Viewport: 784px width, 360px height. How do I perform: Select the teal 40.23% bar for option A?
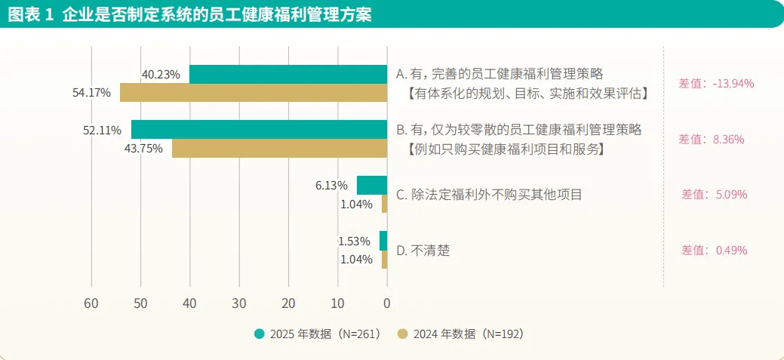click(x=287, y=74)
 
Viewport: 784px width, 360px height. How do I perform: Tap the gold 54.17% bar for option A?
click(x=254, y=93)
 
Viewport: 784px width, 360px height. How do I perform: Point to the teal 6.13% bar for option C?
click(x=372, y=185)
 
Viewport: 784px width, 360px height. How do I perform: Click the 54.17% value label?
click(x=91, y=93)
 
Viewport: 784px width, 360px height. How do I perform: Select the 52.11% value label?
click(x=102, y=130)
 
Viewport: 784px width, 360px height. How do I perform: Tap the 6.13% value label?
click(x=331, y=185)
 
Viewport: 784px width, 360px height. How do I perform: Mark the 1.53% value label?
click(x=354, y=242)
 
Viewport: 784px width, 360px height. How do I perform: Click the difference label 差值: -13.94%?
click(x=712, y=83)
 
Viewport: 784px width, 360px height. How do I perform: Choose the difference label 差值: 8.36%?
click(x=712, y=139)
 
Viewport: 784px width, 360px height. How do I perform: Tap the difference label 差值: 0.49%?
click(x=714, y=250)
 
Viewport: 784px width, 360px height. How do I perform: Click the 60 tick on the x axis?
click(x=91, y=303)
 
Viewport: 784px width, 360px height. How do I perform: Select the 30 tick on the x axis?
click(x=239, y=303)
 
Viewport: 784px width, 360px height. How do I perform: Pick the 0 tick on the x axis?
click(x=387, y=303)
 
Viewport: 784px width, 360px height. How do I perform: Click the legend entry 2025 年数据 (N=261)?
click(x=317, y=334)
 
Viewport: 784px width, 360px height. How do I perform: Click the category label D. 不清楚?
click(x=423, y=250)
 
